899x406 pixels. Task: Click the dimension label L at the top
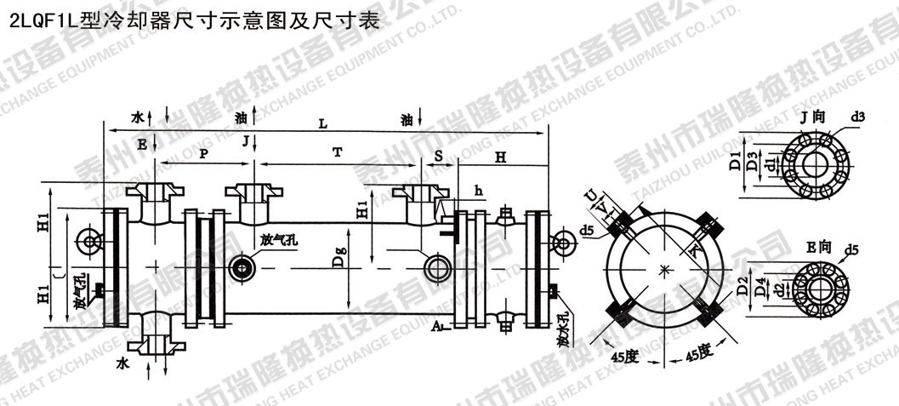(x=322, y=123)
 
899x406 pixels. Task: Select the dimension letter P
(x=203, y=153)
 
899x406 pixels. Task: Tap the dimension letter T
(x=338, y=152)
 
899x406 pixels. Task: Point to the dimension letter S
(x=439, y=155)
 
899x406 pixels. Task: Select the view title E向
(x=816, y=247)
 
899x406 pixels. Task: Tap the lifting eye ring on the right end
(x=561, y=243)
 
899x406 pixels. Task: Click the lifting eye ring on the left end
(x=88, y=242)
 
